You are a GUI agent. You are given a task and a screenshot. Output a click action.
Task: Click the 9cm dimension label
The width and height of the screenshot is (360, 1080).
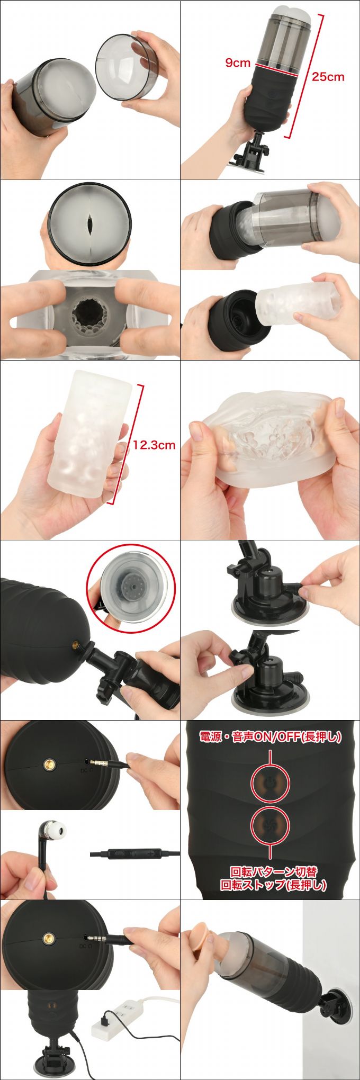click(238, 63)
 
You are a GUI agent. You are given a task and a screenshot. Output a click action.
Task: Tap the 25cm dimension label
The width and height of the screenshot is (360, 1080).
click(328, 77)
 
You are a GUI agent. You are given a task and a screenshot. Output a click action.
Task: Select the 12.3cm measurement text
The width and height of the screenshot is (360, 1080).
click(154, 445)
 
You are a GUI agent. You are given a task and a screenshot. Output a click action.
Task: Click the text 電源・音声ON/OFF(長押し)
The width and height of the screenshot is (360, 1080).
click(270, 736)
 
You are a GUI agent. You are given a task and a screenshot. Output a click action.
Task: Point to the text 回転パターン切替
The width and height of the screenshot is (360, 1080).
click(274, 871)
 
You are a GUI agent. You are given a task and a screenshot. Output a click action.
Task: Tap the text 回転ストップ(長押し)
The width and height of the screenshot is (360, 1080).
click(274, 885)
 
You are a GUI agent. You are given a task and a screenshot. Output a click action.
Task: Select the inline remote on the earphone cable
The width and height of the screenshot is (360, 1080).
click(134, 853)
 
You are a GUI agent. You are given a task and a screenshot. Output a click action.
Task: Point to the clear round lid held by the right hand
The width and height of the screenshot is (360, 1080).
click(125, 66)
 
